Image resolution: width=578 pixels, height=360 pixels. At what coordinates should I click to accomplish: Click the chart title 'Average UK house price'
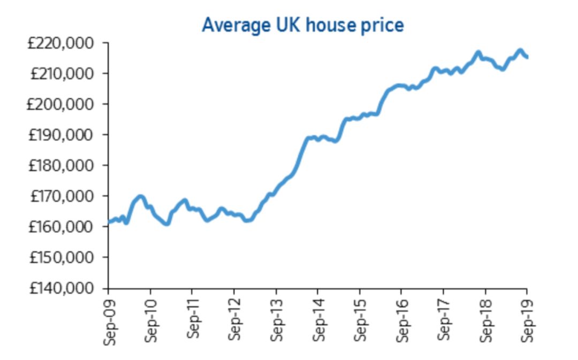click(x=302, y=25)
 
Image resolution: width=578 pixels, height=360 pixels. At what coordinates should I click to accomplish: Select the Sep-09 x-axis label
click(x=109, y=321)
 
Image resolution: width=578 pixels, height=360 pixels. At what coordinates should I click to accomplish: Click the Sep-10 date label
click(x=151, y=321)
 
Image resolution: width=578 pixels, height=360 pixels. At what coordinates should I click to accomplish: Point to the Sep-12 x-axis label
click(x=234, y=321)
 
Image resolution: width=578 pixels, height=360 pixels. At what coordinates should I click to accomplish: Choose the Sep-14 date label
click(x=318, y=321)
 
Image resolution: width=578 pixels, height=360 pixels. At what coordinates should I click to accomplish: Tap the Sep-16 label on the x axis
click(x=402, y=321)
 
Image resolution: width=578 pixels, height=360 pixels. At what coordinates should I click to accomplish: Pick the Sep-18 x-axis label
click(x=486, y=321)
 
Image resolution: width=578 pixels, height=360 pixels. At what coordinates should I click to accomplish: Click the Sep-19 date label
click(x=528, y=321)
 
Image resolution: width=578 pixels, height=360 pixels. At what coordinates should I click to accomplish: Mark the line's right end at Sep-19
click(x=527, y=57)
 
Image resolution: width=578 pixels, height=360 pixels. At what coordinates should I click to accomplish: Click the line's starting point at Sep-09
click(x=109, y=222)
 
